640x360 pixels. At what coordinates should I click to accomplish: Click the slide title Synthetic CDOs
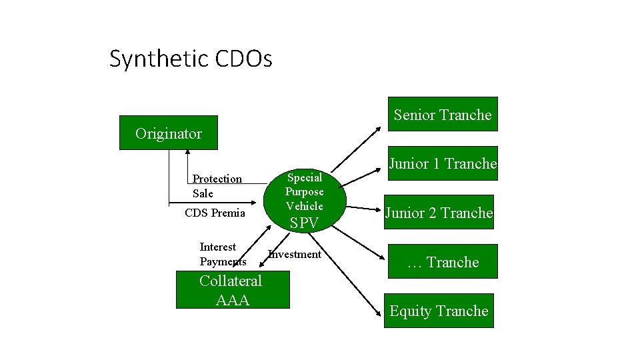[x=191, y=59]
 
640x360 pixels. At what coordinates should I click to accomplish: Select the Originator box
[x=168, y=133]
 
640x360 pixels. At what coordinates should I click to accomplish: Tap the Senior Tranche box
[x=442, y=115]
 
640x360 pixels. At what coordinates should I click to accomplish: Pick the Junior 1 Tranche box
[x=443, y=163]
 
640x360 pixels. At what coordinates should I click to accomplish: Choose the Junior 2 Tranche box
[x=439, y=213]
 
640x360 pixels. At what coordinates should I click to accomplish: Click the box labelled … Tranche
[x=443, y=262]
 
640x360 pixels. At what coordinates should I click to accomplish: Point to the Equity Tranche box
[x=439, y=311]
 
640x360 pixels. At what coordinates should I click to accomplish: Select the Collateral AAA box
[x=232, y=290]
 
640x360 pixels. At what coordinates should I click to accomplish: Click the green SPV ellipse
[x=305, y=200]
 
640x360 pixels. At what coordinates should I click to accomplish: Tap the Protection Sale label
[x=217, y=186]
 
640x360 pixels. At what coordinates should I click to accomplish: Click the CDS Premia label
[x=215, y=213]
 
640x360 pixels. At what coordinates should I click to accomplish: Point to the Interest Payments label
[x=222, y=254]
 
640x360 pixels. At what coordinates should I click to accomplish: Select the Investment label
[x=295, y=254]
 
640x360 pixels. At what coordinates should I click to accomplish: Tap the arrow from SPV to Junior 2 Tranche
[x=363, y=209]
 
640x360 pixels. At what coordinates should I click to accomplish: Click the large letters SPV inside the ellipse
[x=305, y=223]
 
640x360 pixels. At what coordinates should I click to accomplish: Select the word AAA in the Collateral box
[x=233, y=300]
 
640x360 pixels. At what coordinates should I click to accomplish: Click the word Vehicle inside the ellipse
[x=305, y=206]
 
